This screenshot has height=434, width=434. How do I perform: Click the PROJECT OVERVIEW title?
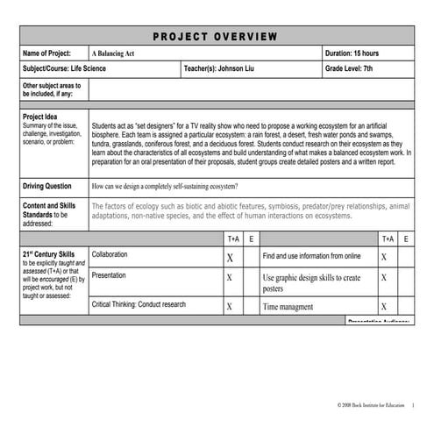(217, 36)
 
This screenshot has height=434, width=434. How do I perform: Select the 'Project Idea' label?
(43, 116)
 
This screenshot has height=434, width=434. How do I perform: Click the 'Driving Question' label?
(47, 187)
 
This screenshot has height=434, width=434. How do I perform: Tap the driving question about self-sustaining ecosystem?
(164, 187)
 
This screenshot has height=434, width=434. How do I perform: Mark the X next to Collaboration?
(230, 258)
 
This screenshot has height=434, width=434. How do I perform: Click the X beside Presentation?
(230, 278)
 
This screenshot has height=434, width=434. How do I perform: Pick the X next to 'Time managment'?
(383, 307)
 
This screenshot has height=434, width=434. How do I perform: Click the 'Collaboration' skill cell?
(110, 254)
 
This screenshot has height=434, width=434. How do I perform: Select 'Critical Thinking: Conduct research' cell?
(139, 304)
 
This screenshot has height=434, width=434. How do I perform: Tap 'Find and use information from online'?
(312, 256)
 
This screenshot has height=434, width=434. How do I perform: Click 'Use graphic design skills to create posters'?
(312, 283)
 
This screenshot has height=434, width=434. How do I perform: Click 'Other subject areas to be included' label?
(52, 89)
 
